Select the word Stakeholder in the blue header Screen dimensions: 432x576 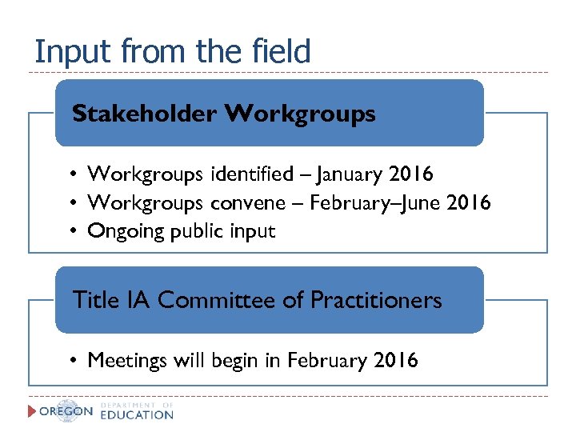(144, 114)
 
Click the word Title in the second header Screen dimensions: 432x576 (94, 301)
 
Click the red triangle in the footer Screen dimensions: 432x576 (33, 411)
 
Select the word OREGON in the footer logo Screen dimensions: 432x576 (66, 412)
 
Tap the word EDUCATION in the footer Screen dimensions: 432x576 (137, 415)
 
